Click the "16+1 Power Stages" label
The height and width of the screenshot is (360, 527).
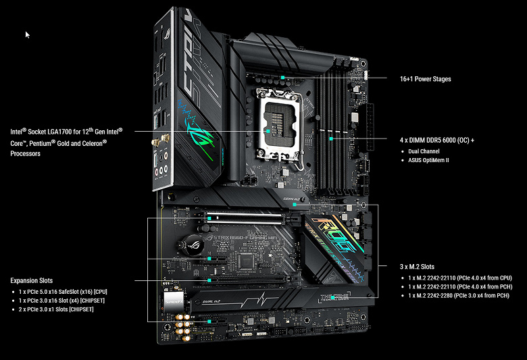click(425, 79)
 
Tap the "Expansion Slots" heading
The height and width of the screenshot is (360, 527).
click(32, 280)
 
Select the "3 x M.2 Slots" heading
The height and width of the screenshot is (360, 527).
click(417, 267)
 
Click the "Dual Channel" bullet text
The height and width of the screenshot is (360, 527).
click(424, 151)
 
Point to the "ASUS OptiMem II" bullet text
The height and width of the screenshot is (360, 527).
click(428, 160)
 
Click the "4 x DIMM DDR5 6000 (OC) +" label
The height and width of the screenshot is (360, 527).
click(437, 140)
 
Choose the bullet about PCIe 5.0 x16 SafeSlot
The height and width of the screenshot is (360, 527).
click(63, 292)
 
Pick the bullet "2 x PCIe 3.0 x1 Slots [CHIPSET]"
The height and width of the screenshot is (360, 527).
click(56, 309)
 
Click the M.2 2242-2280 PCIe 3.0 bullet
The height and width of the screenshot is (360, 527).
click(459, 295)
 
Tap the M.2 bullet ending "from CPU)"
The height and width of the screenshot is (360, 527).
click(460, 278)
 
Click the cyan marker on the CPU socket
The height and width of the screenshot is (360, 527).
click(268, 131)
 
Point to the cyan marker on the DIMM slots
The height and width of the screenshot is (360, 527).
click(331, 138)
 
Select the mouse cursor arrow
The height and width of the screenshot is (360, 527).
click(27, 34)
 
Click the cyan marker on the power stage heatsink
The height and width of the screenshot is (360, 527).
click(282, 78)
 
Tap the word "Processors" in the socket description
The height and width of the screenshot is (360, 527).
click(25, 153)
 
